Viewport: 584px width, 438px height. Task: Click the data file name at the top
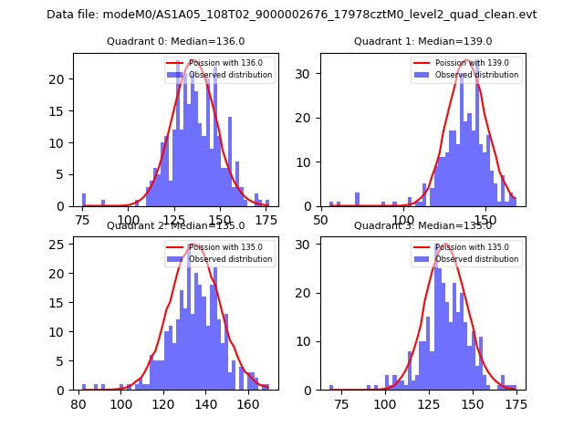[291, 15]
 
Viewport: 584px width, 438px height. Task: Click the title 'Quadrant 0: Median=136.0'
[176, 41]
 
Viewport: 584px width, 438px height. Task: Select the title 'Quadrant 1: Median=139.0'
[422, 41]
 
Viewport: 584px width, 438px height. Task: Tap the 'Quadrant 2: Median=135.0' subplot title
[176, 225]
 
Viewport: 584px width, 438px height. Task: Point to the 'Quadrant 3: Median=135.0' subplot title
[422, 225]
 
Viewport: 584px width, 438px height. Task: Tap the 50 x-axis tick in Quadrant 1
[322, 219]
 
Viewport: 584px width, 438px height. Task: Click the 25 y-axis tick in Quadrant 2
[60, 244]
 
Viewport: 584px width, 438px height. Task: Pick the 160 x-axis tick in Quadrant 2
[247, 403]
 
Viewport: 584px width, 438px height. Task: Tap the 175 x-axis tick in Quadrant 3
[516, 403]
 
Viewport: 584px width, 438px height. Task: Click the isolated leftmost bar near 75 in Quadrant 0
[84, 200]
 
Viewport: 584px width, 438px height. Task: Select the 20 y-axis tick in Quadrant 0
[60, 78]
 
